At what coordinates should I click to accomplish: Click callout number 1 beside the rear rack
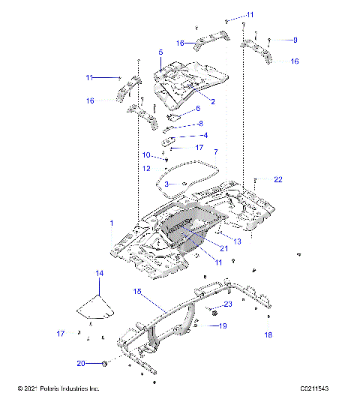pyautogui.click(x=112, y=223)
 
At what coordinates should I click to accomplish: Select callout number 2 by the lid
pyautogui.click(x=213, y=101)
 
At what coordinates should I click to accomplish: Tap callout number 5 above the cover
pyautogui.click(x=160, y=52)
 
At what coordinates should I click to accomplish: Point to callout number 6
pyautogui.click(x=198, y=109)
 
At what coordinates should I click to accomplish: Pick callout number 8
pyautogui.click(x=200, y=124)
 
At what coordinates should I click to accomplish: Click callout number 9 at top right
pyautogui.click(x=295, y=39)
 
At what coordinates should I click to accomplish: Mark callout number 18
pyautogui.click(x=268, y=335)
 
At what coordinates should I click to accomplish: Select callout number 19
pyautogui.click(x=222, y=326)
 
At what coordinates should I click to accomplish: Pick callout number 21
pyautogui.click(x=223, y=248)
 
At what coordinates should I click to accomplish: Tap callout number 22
pyautogui.click(x=278, y=179)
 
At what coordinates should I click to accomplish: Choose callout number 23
pyautogui.click(x=228, y=304)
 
